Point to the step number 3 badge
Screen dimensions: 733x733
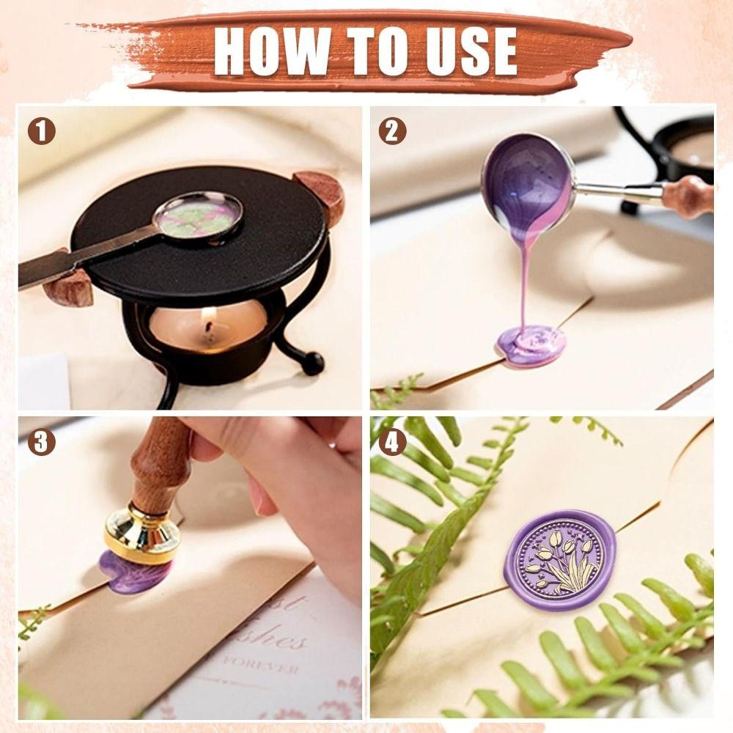(42, 442)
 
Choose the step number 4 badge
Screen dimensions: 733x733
(392, 442)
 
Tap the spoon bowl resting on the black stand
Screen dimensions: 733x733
(199, 214)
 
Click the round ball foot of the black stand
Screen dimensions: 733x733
(314, 364)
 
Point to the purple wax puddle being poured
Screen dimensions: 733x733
(531, 345)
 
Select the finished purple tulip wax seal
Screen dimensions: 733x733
(559, 560)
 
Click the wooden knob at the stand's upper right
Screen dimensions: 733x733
(323, 194)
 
